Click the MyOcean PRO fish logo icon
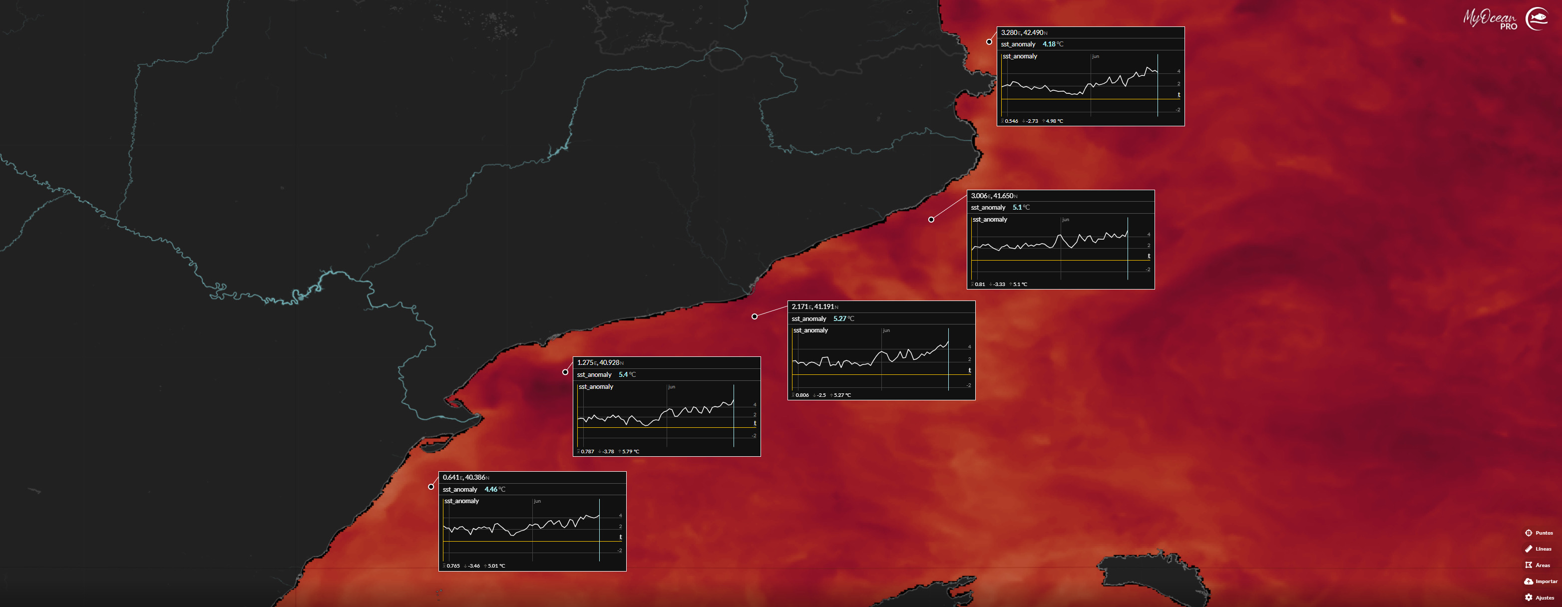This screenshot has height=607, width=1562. point(1537,19)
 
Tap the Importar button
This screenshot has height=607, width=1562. point(1540,582)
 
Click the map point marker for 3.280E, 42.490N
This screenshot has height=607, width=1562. point(989,42)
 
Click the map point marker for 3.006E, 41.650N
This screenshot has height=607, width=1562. point(931,220)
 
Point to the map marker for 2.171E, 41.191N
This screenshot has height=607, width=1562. point(755,316)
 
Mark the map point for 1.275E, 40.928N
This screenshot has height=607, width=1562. point(565,372)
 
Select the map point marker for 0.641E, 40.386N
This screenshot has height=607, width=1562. point(431,487)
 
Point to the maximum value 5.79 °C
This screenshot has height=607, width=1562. point(630,452)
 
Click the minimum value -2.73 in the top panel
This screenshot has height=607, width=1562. point(1032,121)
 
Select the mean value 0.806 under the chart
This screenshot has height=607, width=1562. point(801,395)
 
